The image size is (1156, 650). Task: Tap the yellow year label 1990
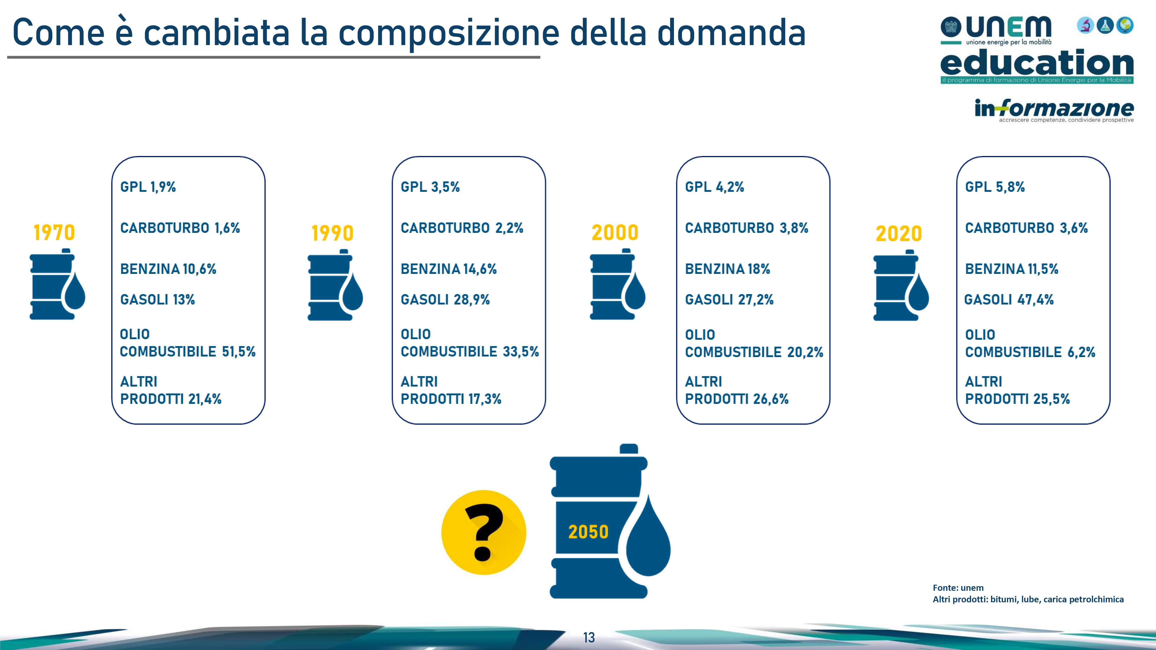[x=333, y=233]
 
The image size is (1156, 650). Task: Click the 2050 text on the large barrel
[x=588, y=532]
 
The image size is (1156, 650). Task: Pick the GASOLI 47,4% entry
[x=1009, y=300]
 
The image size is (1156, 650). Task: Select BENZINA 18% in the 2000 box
[x=727, y=269]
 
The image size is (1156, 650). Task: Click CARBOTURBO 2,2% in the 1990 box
[x=462, y=228]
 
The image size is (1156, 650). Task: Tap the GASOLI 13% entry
[x=158, y=300]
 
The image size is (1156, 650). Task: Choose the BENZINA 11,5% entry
[x=1011, y=269]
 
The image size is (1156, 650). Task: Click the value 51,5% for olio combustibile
[x=239, y=352]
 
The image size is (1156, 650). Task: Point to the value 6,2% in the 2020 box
[x=1081, y=352]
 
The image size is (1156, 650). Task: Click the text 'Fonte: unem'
[x=958, y=588]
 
